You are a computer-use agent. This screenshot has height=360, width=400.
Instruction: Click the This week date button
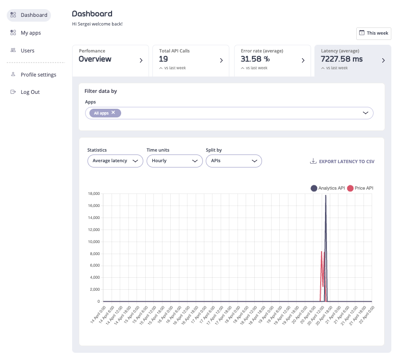point(374,33)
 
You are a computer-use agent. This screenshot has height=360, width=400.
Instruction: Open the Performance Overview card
point(111,60)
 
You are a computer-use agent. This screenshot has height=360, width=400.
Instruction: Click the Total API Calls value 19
point(163,59)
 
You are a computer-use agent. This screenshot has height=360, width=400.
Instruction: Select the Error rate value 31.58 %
point(255,59)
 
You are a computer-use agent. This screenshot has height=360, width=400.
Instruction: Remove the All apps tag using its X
point(113,113)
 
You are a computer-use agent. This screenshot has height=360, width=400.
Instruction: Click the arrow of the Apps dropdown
point(365,113)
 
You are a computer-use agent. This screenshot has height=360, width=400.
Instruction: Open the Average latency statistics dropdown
point(115,161)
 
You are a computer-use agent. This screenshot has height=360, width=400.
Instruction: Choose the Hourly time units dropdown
point(174,161)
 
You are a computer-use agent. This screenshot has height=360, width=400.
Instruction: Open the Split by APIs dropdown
point(233,161)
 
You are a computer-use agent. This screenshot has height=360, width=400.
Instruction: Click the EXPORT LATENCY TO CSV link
point(342,162)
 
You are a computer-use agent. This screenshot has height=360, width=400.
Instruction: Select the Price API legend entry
point(360,188)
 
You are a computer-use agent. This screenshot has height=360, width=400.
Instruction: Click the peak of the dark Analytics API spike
point(326,195)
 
